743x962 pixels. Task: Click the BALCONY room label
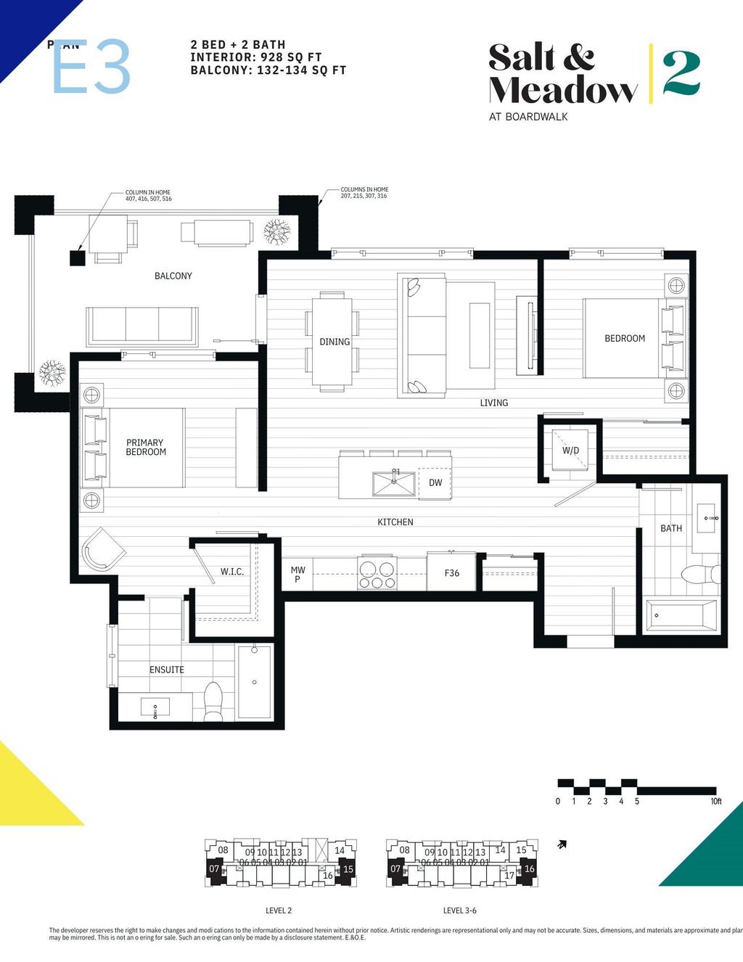[173, 276]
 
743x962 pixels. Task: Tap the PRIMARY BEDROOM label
[145, 447]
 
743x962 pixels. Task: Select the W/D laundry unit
[571, 451]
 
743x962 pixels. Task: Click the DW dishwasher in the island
[435, 482]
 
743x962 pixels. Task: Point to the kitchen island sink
[394, 483]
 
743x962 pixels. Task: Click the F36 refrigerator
[451, 572]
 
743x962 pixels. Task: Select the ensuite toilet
[213, 702]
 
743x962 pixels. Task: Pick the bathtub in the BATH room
[681, 615]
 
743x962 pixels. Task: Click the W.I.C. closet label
[232, 572]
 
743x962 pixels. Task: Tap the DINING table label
[334, 342]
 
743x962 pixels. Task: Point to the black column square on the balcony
[77, 258]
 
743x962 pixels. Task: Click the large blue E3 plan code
[91, 67]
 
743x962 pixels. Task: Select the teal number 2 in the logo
[681, 73]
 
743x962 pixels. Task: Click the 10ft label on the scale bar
[715, 802]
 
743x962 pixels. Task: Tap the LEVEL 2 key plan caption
[279, 910]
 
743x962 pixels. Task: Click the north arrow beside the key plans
[562, 844]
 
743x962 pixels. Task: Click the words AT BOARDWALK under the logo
[528, 117]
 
